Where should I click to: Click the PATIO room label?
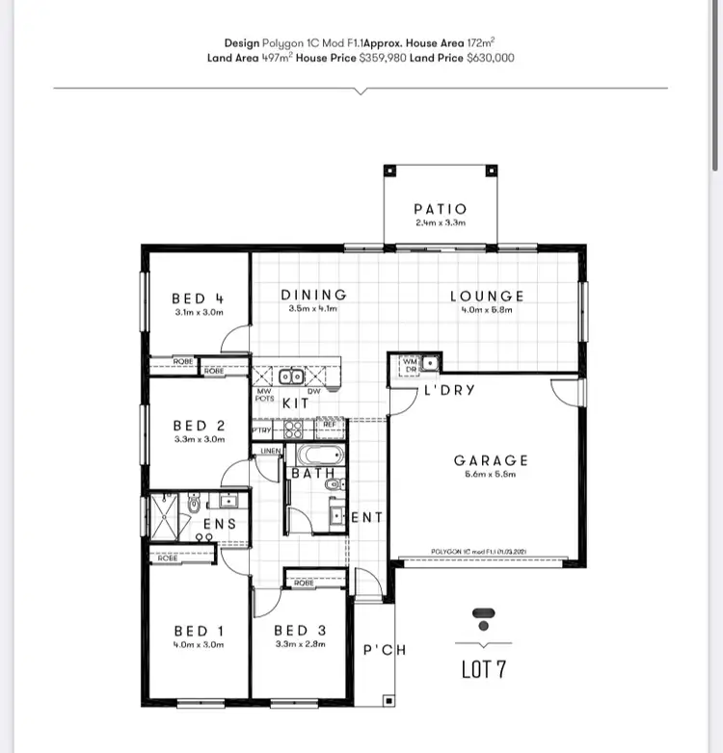440,209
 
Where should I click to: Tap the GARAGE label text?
492,461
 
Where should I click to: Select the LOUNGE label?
487,297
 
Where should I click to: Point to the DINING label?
313,295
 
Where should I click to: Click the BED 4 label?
198,299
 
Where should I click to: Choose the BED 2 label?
199,425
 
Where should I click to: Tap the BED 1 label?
198,631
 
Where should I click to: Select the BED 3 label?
301,631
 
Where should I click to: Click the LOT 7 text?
484,669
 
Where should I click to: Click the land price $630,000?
490,58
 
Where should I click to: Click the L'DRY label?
448,392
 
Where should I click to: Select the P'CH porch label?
385,650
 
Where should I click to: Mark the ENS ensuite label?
219,524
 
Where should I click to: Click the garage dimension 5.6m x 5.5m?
492,475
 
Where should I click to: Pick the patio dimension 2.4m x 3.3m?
440,222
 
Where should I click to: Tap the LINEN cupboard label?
270,451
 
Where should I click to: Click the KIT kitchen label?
295,403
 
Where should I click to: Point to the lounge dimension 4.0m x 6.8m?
487,310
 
